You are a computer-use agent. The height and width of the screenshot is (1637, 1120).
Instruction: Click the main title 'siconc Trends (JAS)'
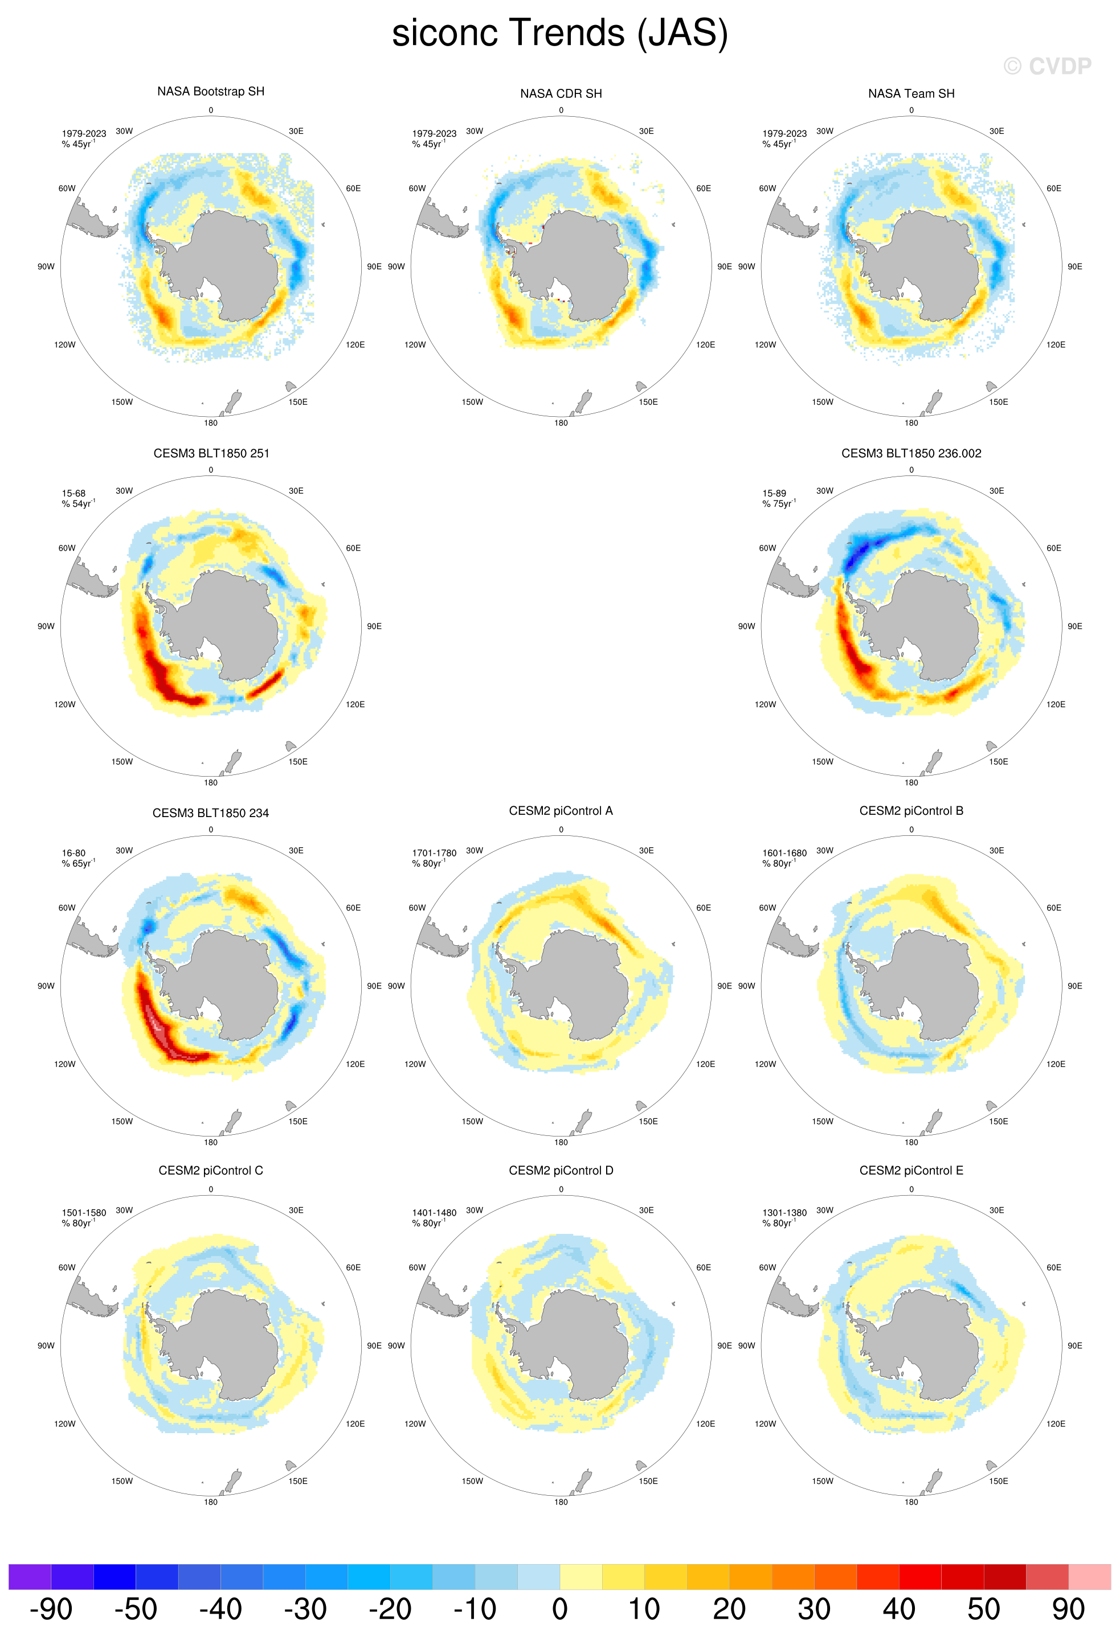pyautogui.click(x=559, y=33)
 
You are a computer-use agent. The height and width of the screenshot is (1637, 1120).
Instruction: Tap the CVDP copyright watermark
pyautogui.click(x=1048, y=66)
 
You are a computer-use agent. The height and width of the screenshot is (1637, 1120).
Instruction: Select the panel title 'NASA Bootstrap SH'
pyautogui.click(x=211, y=92)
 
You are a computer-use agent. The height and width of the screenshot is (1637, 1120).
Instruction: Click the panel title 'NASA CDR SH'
pyautogui.click(x=561, y=94)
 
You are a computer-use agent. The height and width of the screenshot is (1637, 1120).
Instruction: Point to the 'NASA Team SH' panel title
pyautogui.click(x=911, y=94)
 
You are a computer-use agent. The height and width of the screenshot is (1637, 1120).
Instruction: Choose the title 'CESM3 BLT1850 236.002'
pyautogui.click(x=911, y=454)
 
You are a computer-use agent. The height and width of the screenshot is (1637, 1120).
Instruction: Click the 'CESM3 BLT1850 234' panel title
pyautogui.click(x=211, y=813)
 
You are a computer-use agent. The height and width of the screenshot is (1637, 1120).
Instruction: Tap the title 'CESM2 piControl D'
pyautogui.click(x=561, y=1171)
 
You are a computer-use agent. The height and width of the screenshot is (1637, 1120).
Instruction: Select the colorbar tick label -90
pyautogui.click(x=51, y=1609)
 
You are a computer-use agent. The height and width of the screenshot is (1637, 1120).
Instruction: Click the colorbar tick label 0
pyautogui.click(x=559, y=1609)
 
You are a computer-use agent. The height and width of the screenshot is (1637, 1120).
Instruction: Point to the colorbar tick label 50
pyautogui.click(x=983, y=1609)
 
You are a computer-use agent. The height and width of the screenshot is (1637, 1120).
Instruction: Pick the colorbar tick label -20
pyautogui.click(x=390, y=1609)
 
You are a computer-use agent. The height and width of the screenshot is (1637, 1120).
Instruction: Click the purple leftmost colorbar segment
pyautogui.click(x=30, y=1577)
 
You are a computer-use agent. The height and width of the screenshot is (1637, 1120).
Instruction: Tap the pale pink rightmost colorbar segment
pyautogui.click(x=1090, y=1577)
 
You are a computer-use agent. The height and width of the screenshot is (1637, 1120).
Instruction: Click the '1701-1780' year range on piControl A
pyautogui.click(x=434, y=853)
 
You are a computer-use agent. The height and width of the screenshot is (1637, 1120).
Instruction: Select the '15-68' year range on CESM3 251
pyautogui.click(x=73, y=494)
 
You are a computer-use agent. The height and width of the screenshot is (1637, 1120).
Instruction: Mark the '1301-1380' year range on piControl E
pyautogui.click(x=784, y=1213)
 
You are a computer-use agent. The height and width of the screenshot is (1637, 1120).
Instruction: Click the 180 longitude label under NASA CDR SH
pyautogui.click(x=561, y=423)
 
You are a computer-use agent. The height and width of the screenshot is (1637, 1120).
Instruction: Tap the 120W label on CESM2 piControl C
pyautogui.click(x=65, y=1424)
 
